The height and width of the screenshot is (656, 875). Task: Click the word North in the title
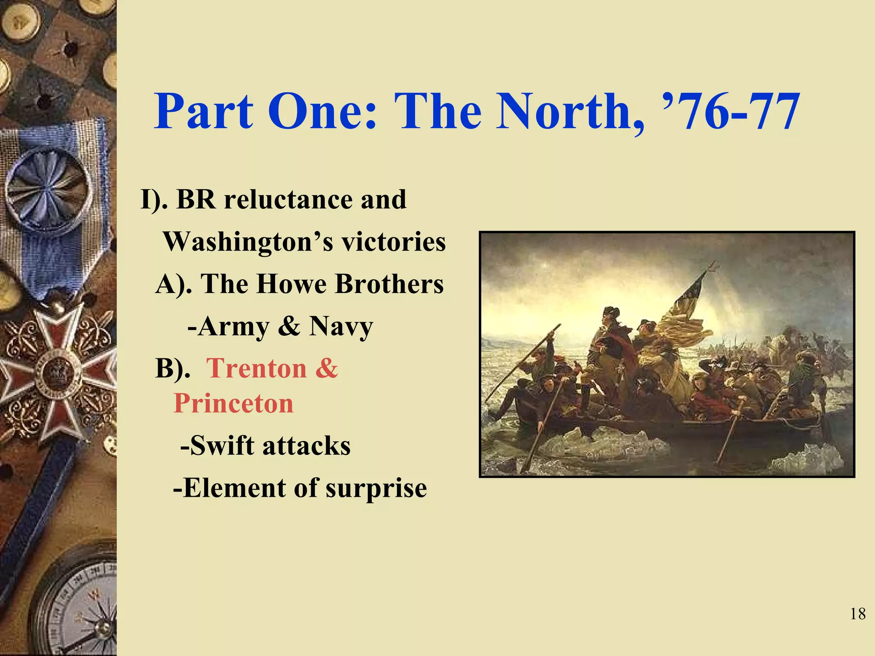568,112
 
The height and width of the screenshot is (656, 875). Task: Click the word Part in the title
204,112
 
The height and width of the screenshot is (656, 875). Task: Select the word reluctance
288,199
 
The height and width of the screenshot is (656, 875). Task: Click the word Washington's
248,242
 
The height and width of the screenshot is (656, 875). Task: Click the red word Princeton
234,403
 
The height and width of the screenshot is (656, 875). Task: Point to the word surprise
376,489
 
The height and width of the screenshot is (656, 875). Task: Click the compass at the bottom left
81,606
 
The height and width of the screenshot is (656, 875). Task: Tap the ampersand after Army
289,327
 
